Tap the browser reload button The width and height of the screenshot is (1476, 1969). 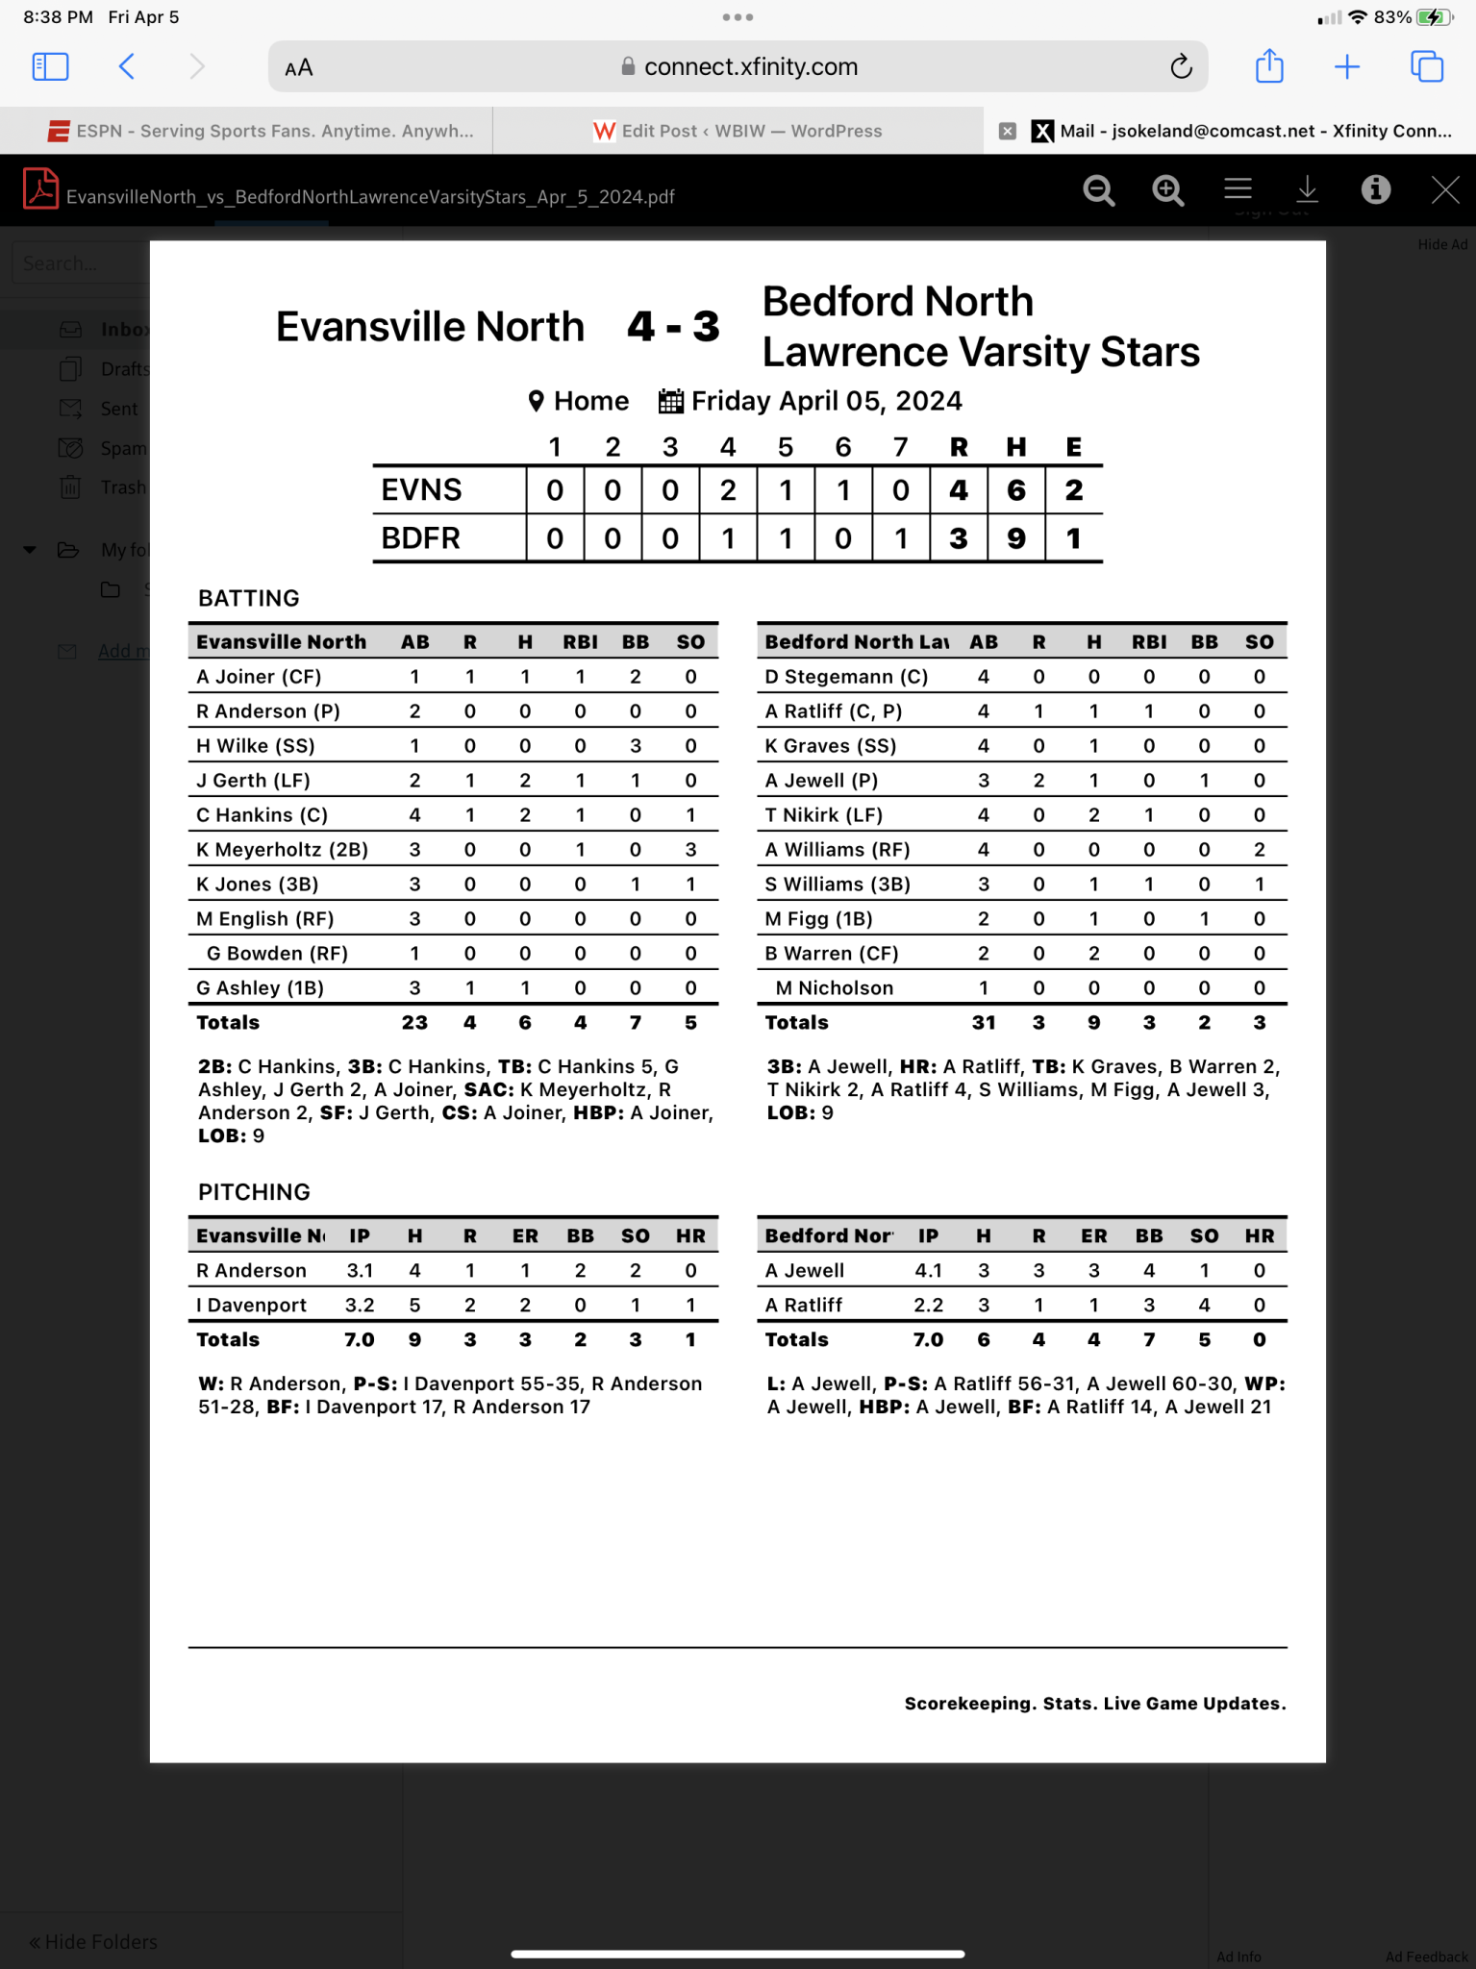(x=1181, y=66)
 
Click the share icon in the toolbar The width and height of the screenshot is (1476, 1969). (x=1269, y=66)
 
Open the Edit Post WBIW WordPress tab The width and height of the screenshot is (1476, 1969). (x=738, y=131)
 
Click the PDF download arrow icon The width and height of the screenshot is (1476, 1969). (x=1307, y=189)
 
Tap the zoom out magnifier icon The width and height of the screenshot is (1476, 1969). (x=1098, y=190)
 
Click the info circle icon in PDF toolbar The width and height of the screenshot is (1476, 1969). (x=1375, y=189)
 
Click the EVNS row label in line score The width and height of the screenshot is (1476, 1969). (x=421, y=490)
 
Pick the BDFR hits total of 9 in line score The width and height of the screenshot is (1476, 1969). (x=1015, y=538)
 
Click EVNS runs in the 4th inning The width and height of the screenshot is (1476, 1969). (x=728, y=490)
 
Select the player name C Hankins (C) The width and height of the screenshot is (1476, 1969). (x=262, y=815)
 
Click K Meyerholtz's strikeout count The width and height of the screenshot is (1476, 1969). (x=690, y=850)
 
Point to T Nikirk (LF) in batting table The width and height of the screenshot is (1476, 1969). (x=823, y=815)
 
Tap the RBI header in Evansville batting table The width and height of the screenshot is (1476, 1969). (x=580, y=642)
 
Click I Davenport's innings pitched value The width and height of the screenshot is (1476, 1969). (x=360, y=1306)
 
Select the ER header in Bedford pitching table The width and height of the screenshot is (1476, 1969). (x=1093, y=1236)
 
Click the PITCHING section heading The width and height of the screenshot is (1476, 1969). (x=254, y=1192)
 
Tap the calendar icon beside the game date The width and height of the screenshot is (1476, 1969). (x=670, y=401)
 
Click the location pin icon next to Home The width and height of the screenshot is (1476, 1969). (x=537, y=401)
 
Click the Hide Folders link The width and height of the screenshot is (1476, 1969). (x=93, y=1942)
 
